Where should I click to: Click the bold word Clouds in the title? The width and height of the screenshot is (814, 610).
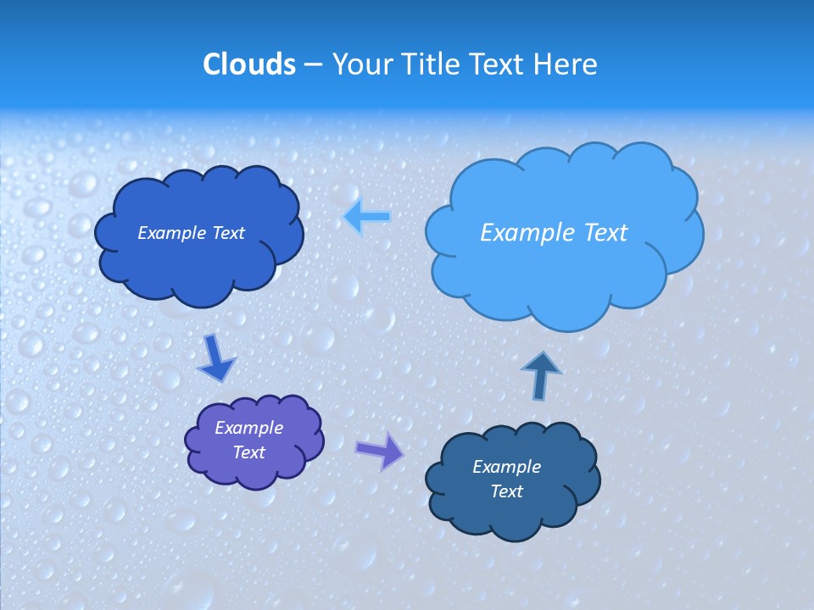[x=248, y=64]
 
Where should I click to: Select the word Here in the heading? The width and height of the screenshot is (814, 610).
[x=566, y=64]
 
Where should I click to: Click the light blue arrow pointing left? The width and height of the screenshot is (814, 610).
[x=366, y=217]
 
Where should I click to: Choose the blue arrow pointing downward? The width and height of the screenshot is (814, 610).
[x=215, y=358]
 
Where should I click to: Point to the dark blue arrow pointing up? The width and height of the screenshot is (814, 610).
[x=540, y=375]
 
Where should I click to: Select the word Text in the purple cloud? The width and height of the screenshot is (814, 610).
[x=248, y=452]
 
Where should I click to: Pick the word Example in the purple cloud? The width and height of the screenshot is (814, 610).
[x=248, y=428]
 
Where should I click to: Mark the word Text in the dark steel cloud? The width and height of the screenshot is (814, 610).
[x=506, y=491]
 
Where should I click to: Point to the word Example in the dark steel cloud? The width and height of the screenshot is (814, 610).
[x=506, y=467]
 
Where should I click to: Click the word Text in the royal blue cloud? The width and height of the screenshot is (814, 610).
[x=228, y=233]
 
